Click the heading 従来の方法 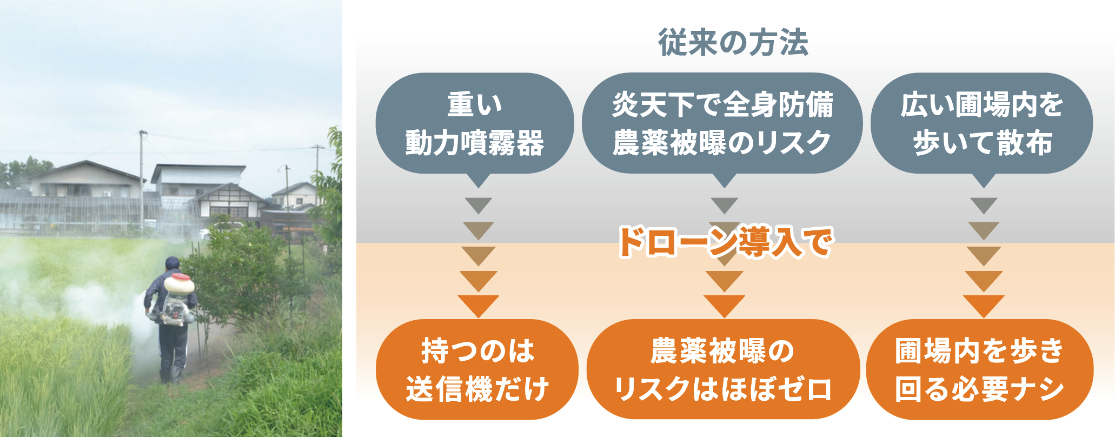[x=733, y=42]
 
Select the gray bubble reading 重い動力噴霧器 [x=475, y=124]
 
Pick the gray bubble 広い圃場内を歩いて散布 [x=981, y=124]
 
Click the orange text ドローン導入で [x=725, y=241]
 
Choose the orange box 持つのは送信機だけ [x=477, y=369]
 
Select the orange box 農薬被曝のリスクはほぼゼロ [x=723, y=369]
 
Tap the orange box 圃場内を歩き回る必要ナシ [x=980, y=369]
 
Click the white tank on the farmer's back [x=179, y=284]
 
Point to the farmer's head [x=172, y=263]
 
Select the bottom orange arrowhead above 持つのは [x=478, y=306]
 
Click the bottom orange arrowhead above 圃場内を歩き [x=984, y=306]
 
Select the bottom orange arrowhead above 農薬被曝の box [x=724, y=306]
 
